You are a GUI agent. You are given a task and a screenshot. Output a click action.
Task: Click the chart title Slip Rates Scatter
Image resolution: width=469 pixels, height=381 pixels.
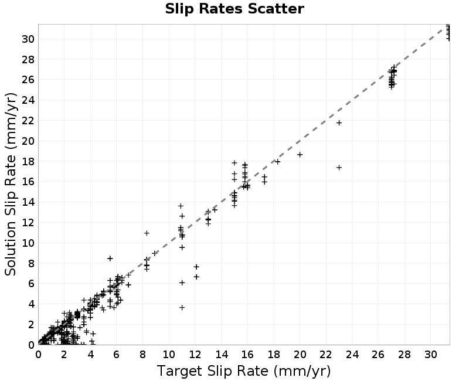[235, 9]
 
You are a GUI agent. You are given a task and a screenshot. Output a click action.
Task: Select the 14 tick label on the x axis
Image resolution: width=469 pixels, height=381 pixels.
[222, 355]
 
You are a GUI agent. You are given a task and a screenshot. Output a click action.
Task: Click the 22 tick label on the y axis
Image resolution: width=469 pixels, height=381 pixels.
[28, 121]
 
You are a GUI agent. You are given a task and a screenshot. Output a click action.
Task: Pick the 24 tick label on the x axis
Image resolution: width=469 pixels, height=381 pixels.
[352, 355]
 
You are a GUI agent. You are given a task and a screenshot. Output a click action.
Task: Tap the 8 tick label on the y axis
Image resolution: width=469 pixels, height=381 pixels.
[31, 263]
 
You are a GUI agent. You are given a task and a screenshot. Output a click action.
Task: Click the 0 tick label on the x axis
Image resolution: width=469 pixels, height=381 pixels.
[38, 355]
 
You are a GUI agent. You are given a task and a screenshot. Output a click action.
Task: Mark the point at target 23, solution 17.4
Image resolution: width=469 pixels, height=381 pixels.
[339, 168]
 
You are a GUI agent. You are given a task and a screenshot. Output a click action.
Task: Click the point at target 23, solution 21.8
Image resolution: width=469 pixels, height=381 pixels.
[339, 123]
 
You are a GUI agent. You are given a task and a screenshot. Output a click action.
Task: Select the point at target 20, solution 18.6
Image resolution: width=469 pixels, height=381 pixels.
[300, 155]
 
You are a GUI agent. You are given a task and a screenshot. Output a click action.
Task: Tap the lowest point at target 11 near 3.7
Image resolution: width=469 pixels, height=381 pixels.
[182, 307]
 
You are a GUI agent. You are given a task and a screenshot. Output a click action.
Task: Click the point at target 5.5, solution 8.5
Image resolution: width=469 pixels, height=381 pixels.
[110, 258]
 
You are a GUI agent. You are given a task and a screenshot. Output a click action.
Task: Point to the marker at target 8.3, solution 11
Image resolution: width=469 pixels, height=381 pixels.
[147, 233]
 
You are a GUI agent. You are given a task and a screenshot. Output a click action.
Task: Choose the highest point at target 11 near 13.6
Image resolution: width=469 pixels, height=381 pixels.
[181, 206]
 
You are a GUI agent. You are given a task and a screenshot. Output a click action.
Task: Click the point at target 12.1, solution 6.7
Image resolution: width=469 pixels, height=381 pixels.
[196, 277]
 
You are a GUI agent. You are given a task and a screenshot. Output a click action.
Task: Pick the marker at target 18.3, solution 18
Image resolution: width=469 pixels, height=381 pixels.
[277, 162]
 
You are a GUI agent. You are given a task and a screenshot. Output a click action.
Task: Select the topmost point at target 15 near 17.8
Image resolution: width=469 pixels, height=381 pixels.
[234, 163]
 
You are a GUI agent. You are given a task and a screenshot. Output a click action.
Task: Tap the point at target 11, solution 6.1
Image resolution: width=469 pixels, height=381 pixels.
[182, 283]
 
